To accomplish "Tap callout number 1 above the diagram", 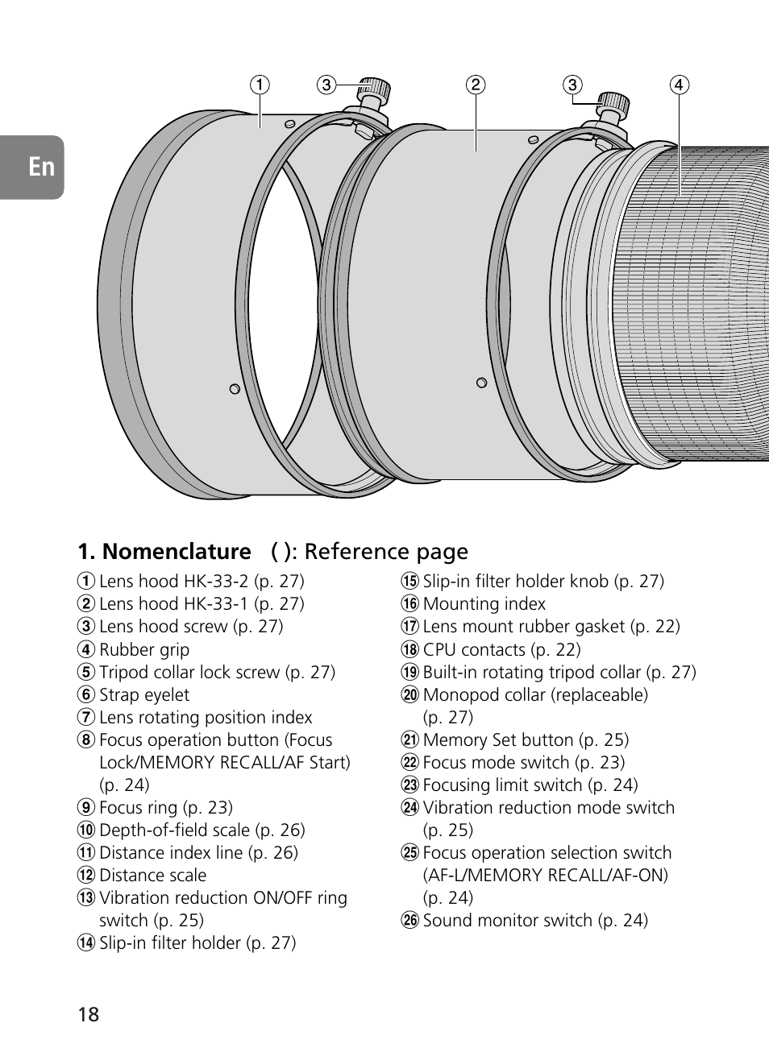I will (260, 85).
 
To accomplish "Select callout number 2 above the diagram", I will (476, 85).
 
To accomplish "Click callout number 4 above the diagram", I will (679, 85).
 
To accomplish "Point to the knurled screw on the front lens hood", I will (374, 91).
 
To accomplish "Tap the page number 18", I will (89, 1014).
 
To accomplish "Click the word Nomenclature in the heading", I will (177, 552).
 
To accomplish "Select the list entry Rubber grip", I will (144, 649).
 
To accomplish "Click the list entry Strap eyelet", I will (144, 694).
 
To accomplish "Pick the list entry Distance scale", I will (152, 875).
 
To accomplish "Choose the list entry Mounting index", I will (484, 604).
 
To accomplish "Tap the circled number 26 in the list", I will (410, 920).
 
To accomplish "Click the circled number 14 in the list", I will (86, 942).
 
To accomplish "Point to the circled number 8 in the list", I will (86, 739).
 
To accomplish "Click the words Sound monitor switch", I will (508, 920).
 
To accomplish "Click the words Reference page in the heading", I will (386, 552).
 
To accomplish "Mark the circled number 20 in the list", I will (410, 694).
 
